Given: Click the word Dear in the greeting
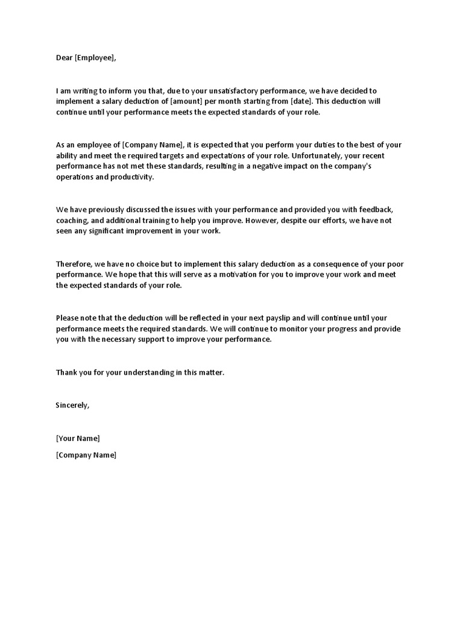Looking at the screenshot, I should coord(65,58).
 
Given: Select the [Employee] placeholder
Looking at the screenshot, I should coord(94,58).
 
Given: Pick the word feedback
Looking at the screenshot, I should coord(376,210).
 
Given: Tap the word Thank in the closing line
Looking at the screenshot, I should coord(67,372).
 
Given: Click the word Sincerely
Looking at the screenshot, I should coord(72,405).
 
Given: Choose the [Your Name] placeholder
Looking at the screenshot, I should coord(78,438).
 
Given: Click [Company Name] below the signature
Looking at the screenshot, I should coord(86,455).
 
